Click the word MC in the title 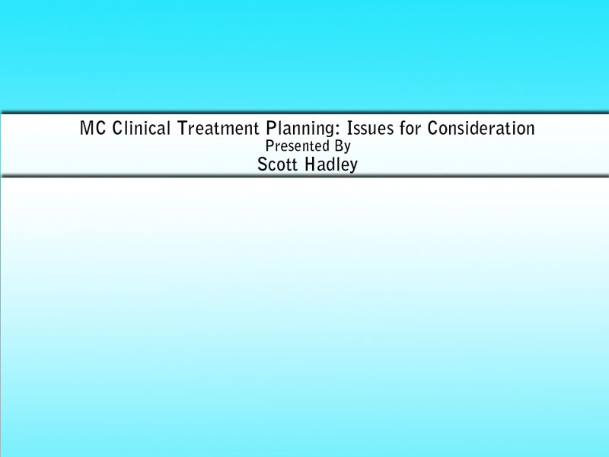point(93,128)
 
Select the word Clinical point(142,128)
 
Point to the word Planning point(298,129)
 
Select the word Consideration point(481,128)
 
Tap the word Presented point(292,146)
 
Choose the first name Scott point(278,165)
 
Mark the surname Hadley point(331,165)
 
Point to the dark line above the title point(304,113)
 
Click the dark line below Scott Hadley point(304,176)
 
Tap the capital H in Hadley point(311,165)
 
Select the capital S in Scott point(263,165)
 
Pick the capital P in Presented point(269,145)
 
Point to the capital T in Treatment point(182,128)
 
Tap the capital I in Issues point(349,128)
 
